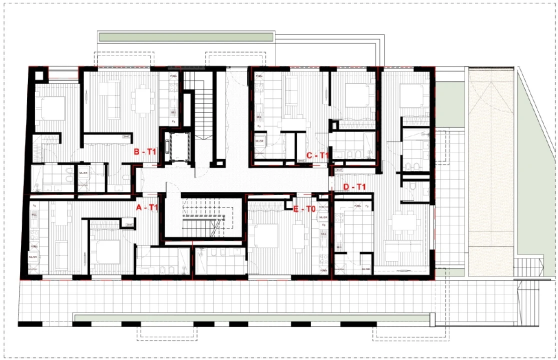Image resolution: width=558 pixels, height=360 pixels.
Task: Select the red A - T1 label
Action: (147, 207)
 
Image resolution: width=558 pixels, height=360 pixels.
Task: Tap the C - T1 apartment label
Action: (317, 155)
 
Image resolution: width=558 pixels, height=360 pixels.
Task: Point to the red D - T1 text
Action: (355, 187)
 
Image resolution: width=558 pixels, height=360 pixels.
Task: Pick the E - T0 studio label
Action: (304, 209)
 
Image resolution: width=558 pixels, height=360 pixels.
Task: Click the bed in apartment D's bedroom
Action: (412, 95)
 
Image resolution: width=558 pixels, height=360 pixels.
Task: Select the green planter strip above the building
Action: (186, 37)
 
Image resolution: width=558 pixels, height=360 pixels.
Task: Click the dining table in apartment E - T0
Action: (299, 236)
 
